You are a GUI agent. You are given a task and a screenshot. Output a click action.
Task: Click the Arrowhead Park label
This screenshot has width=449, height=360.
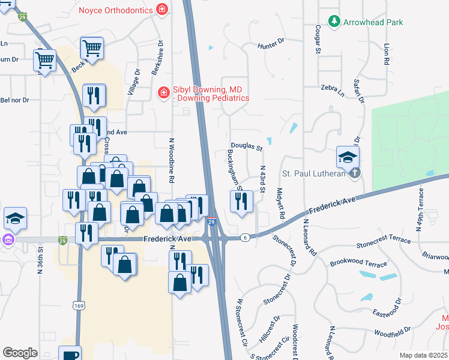coord(373,22)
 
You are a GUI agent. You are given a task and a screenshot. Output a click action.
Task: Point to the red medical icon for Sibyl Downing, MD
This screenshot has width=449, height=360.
coord(163,92)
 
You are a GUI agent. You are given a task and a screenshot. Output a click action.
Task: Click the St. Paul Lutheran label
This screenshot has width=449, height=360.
coord(315,174)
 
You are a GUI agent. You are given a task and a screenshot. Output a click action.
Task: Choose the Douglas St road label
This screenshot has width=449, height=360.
coord(247,147)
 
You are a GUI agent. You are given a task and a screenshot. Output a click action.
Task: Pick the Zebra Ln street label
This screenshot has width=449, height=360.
coord(333,90)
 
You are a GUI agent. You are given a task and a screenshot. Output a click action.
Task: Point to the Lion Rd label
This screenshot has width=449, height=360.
coord(386,53)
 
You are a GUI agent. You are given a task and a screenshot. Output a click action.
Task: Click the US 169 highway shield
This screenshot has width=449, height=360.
coord(78,306)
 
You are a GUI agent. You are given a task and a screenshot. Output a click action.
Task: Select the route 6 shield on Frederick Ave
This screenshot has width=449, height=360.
coord(244,238)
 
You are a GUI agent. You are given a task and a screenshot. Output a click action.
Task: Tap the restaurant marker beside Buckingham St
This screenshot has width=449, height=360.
coord(241,202)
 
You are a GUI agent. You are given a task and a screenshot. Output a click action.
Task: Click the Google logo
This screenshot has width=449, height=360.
coord(20,352)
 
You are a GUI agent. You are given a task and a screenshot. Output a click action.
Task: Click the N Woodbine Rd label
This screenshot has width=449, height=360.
coord(171,160)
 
